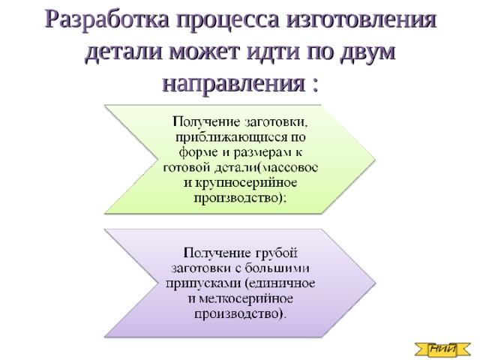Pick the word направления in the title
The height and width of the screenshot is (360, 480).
pos(229,82)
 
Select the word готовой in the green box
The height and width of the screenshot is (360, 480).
pos(190,167)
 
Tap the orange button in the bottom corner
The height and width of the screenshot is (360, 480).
pos(442,347)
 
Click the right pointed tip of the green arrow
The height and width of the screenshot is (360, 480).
pos(373,158)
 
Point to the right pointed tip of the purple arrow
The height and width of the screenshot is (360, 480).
pos(373,283)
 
